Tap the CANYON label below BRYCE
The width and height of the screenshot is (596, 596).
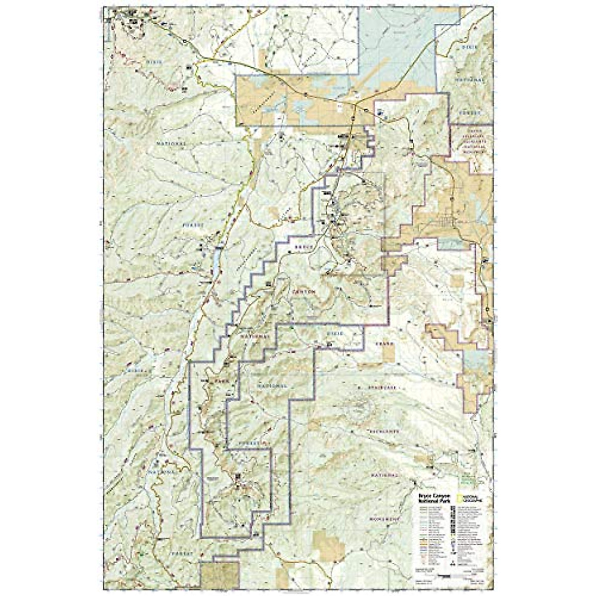304,293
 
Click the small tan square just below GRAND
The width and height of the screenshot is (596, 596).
388,352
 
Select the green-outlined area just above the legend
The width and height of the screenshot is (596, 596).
467,480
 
